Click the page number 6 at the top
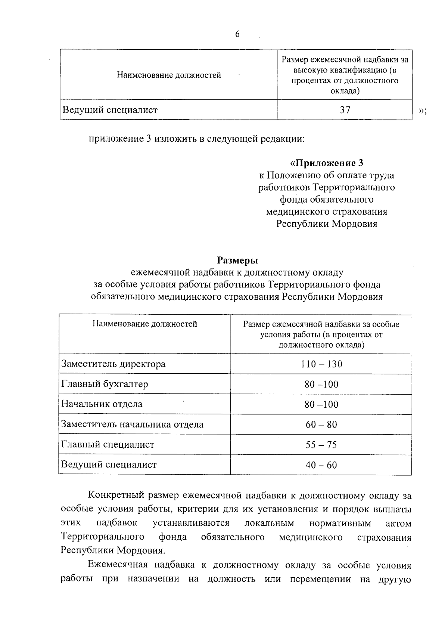click(x=237, y=34)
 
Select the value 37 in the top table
click(x=345, y=110)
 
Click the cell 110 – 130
click(x=321, y=364)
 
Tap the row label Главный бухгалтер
click(x=105, y=384)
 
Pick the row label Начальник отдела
click(x=102, y=404)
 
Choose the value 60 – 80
click(x=321, y=424)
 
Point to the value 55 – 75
click(x=321, y=445)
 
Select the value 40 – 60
click(x=321, y=465)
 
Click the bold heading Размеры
click(x=238, y=260)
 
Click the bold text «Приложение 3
click(x=327, y=163)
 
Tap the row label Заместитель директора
click(x=113, y=364)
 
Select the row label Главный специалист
click(x=108, y=445)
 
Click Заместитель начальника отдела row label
click(x=133, y=424)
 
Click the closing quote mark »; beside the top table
click(x=423, y=111)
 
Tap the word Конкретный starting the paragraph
click(x=115, y=496)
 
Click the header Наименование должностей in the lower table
click(x=145, y=324)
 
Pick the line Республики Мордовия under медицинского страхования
click(x=327, y=224)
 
